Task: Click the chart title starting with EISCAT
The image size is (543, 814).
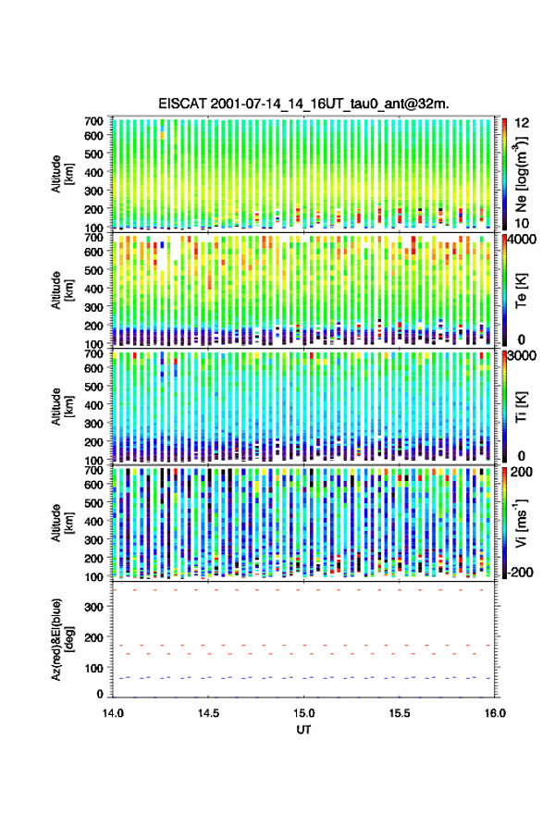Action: pos(303,104)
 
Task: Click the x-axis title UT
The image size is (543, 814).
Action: pos(303,730)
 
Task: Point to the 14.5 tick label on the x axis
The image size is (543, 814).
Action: pos(208,713)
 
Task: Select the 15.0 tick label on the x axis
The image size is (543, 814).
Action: pos(303,713)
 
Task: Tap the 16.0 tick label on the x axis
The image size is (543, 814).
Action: pos(495,713)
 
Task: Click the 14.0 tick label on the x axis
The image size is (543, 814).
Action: pos(113,713)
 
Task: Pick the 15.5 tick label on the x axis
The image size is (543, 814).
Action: pos(400,713)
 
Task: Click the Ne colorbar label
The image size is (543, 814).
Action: pos(521,174)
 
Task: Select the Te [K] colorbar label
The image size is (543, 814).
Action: pos(521,290)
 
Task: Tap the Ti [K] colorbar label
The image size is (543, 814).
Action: pos(521,406)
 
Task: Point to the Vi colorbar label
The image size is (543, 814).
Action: pos(521,523)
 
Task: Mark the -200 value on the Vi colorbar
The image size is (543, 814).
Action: pos(519,572)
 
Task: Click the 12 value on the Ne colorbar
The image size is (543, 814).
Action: pos(522,122)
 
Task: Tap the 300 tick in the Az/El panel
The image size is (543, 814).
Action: pos(94,607)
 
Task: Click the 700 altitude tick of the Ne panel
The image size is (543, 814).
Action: pos(94,121)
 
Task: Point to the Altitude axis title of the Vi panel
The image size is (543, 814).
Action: pos(60,523)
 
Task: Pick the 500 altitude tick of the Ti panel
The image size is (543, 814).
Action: pos(94,387)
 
